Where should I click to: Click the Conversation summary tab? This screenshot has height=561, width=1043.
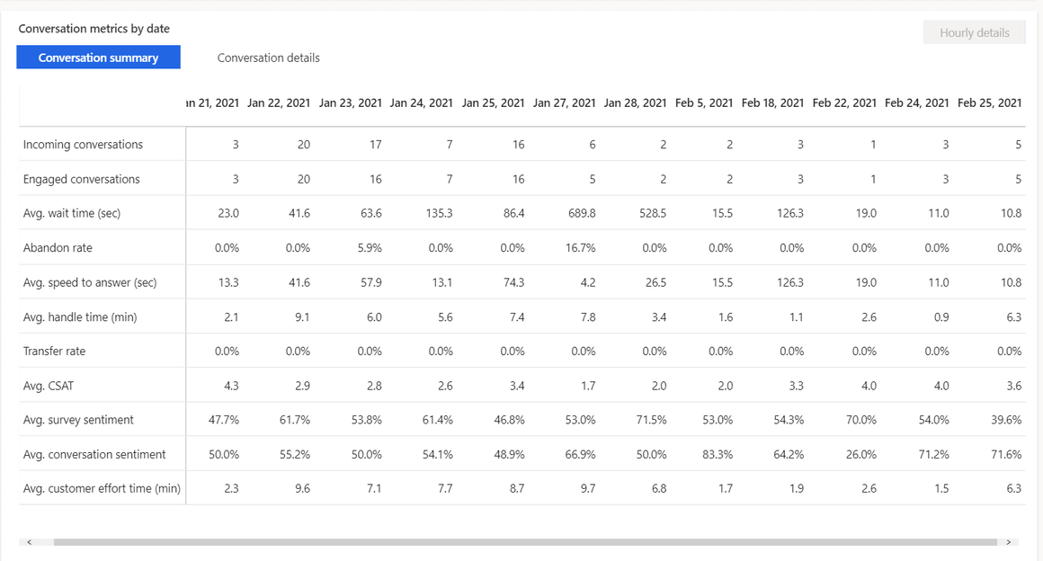(x=98, y=58)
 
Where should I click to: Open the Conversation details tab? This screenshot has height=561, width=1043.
(x=268, y=58)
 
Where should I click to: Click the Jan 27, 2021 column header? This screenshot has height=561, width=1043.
(x=564, y=102)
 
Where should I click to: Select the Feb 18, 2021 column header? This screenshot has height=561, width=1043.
(x=772, y=102)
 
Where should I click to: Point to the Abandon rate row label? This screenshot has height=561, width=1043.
(x=58, y=248)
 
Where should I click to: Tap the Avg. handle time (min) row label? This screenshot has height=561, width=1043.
(x=80, y=317)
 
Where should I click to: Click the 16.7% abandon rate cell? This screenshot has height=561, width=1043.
(x=579, y=248)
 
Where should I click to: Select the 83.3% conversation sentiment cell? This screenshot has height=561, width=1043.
(x=718, y=455)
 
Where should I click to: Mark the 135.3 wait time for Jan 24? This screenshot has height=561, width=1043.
(x=436, y=214)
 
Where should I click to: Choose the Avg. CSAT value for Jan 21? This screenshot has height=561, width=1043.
(x=229, y=386)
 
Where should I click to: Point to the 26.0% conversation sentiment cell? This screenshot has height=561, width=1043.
(x=860, y=455)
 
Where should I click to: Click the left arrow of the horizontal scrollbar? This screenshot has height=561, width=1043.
(x=29, y=542)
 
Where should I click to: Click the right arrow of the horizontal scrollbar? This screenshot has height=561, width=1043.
(x=1008, y=542)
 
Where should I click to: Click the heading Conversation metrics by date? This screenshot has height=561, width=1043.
(x=94, y=29)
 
